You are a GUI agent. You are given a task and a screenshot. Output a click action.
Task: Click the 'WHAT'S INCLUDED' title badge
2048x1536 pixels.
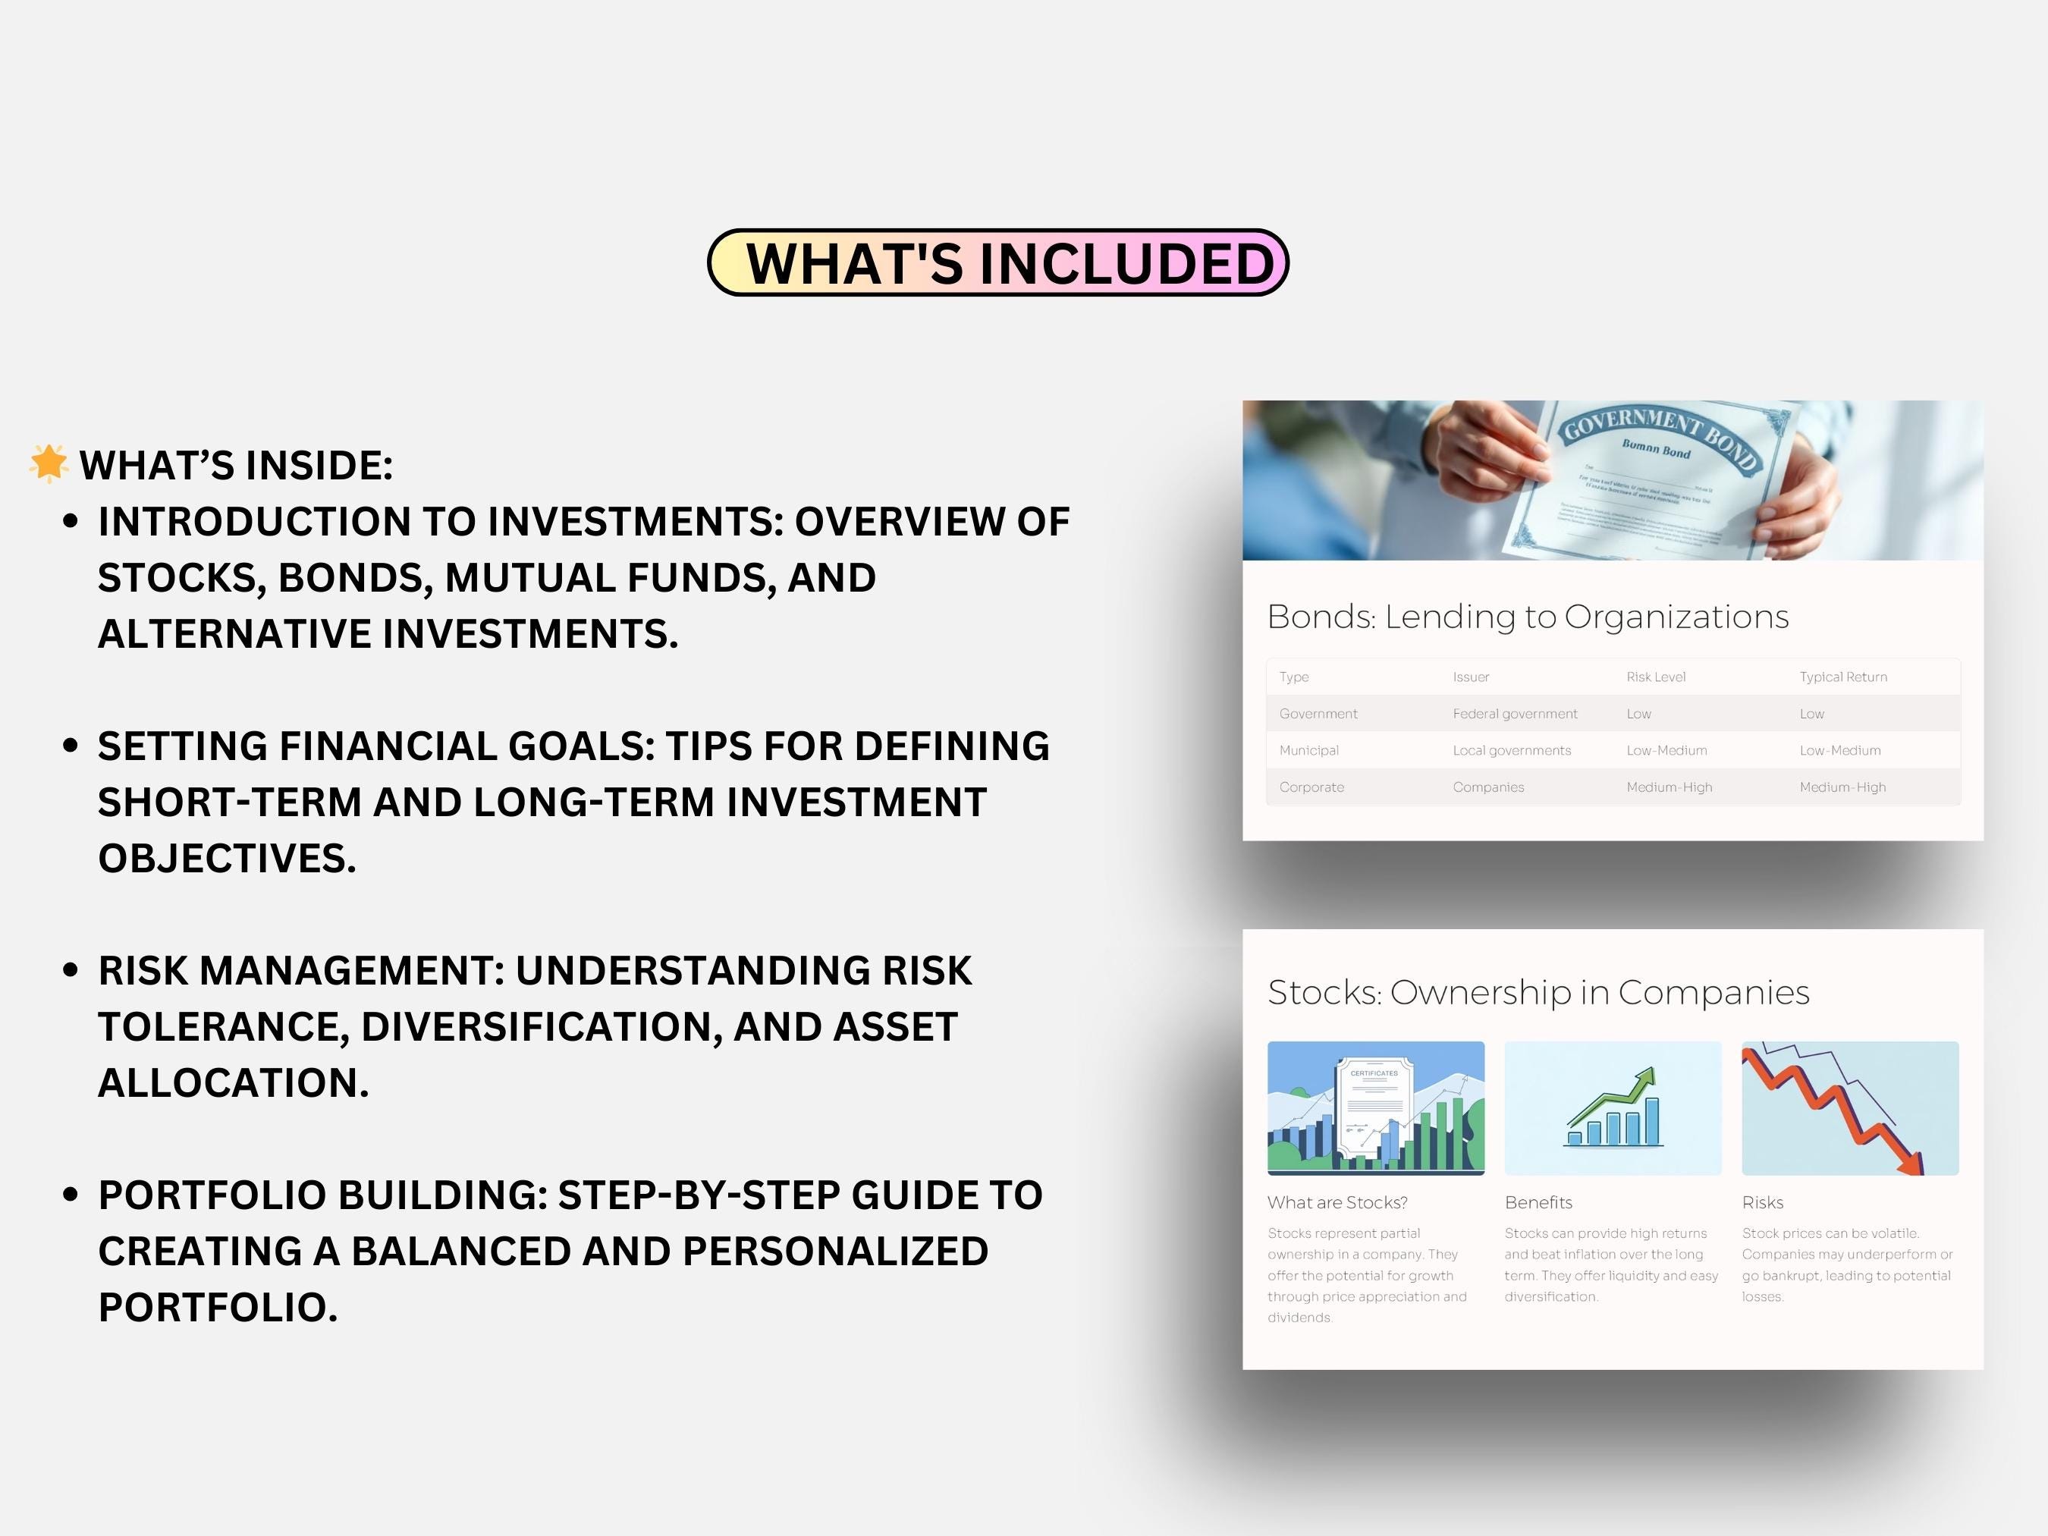point(997,263)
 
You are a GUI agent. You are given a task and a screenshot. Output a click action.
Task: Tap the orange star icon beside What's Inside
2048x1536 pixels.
point(48,463)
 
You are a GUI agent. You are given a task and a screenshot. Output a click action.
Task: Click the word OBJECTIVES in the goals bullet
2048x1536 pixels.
point(227,859)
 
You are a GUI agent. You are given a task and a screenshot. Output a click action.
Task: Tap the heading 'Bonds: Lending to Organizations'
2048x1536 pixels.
point(1528,617)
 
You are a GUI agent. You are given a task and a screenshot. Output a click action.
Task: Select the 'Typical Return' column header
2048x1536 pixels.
point(1842,677)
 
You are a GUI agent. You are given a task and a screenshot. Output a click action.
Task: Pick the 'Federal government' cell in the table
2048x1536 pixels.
point(1515,714)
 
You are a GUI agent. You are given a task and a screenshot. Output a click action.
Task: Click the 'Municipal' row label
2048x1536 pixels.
point(1308,750)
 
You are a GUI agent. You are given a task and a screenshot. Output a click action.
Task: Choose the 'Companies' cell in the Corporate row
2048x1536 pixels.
point(1488,787)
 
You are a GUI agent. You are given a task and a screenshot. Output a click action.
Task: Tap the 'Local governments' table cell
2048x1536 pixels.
point(1511,750)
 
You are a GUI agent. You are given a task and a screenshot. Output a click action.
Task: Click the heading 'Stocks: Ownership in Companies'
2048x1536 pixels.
point(1538,992)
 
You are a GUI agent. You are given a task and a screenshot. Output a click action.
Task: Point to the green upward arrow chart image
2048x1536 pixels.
point(1613,1108)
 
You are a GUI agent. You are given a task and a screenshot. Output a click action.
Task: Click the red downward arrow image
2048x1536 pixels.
point(1849,1108)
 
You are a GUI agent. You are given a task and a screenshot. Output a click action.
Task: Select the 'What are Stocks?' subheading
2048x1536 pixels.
point(1337,1203)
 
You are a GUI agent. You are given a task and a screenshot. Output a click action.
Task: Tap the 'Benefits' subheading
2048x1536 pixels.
point(1538,1203)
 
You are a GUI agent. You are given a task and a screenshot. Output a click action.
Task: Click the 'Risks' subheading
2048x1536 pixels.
point(1762,1203)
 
